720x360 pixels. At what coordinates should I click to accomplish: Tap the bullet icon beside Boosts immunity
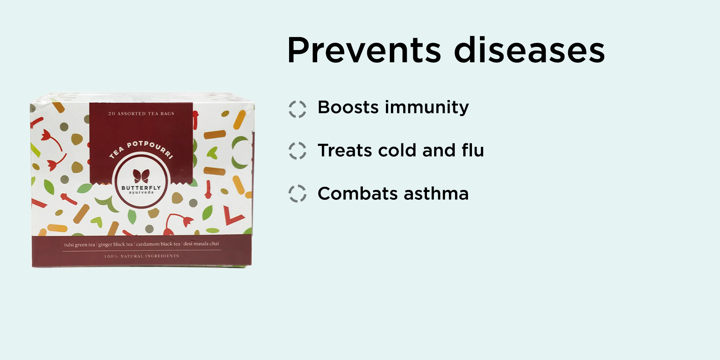coord(297,109)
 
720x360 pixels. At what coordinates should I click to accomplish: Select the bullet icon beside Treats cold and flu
coord(297,150)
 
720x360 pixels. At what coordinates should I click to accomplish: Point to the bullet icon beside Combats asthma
coord(297,194)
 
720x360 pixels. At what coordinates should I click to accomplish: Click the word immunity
coord(427,108)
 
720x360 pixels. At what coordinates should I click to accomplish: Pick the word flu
coord(473,150)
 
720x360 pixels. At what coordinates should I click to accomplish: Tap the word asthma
coord(436,193)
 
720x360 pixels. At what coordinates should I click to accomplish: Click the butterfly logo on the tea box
coord(141,176)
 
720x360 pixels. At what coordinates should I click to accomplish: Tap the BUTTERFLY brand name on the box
coord(141,188)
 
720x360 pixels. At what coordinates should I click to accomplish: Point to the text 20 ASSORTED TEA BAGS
coord(141,114)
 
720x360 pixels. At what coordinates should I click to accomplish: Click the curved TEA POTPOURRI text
coord(141,148)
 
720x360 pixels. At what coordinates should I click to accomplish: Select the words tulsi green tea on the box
coord(80,245)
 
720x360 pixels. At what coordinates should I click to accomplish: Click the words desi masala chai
coord(201,244)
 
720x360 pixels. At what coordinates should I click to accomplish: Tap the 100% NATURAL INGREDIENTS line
coord(141,256)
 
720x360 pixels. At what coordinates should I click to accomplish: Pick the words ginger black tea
coord(116,244)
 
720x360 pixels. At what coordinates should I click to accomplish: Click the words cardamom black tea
coord(158,244)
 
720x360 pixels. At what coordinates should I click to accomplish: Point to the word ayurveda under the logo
coord(141,193)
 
